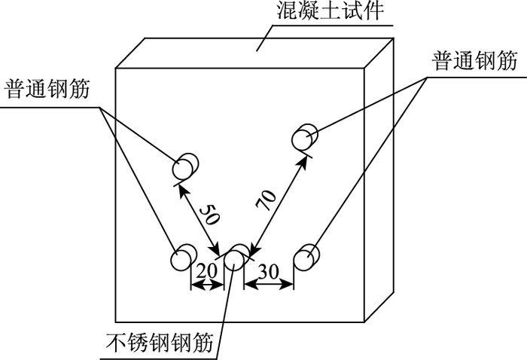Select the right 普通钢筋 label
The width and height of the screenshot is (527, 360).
pos(475,62)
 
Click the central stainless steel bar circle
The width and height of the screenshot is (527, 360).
pos(234,259)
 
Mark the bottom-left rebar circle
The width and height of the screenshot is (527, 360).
pos(181,260)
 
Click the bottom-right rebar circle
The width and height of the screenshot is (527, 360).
pos(304,260)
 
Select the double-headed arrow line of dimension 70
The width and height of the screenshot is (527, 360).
pos(279,200)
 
